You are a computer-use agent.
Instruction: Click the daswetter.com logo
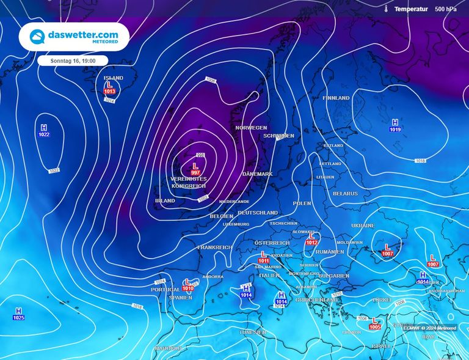74,37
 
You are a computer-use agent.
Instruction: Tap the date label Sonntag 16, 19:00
73,61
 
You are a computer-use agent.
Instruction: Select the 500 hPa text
445,9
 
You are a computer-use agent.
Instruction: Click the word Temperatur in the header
411,9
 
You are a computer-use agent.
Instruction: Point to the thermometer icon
387,9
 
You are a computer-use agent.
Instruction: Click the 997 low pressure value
195,173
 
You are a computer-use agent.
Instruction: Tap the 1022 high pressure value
43,134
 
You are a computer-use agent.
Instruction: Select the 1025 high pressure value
18,318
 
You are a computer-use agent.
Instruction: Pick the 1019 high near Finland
395,130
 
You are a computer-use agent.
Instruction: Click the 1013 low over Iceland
110,92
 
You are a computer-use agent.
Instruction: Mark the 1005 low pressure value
375,327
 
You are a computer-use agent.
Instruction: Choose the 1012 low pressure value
312,243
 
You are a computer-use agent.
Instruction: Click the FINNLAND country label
336,98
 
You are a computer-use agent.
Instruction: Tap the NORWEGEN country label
251,128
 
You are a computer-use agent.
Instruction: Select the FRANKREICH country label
214,248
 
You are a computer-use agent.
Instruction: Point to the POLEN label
302,203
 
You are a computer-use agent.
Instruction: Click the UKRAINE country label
363,226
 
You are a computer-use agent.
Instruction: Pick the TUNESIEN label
252,332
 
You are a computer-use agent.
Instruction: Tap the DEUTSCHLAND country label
257,213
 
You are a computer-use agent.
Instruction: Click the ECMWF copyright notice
429,328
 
